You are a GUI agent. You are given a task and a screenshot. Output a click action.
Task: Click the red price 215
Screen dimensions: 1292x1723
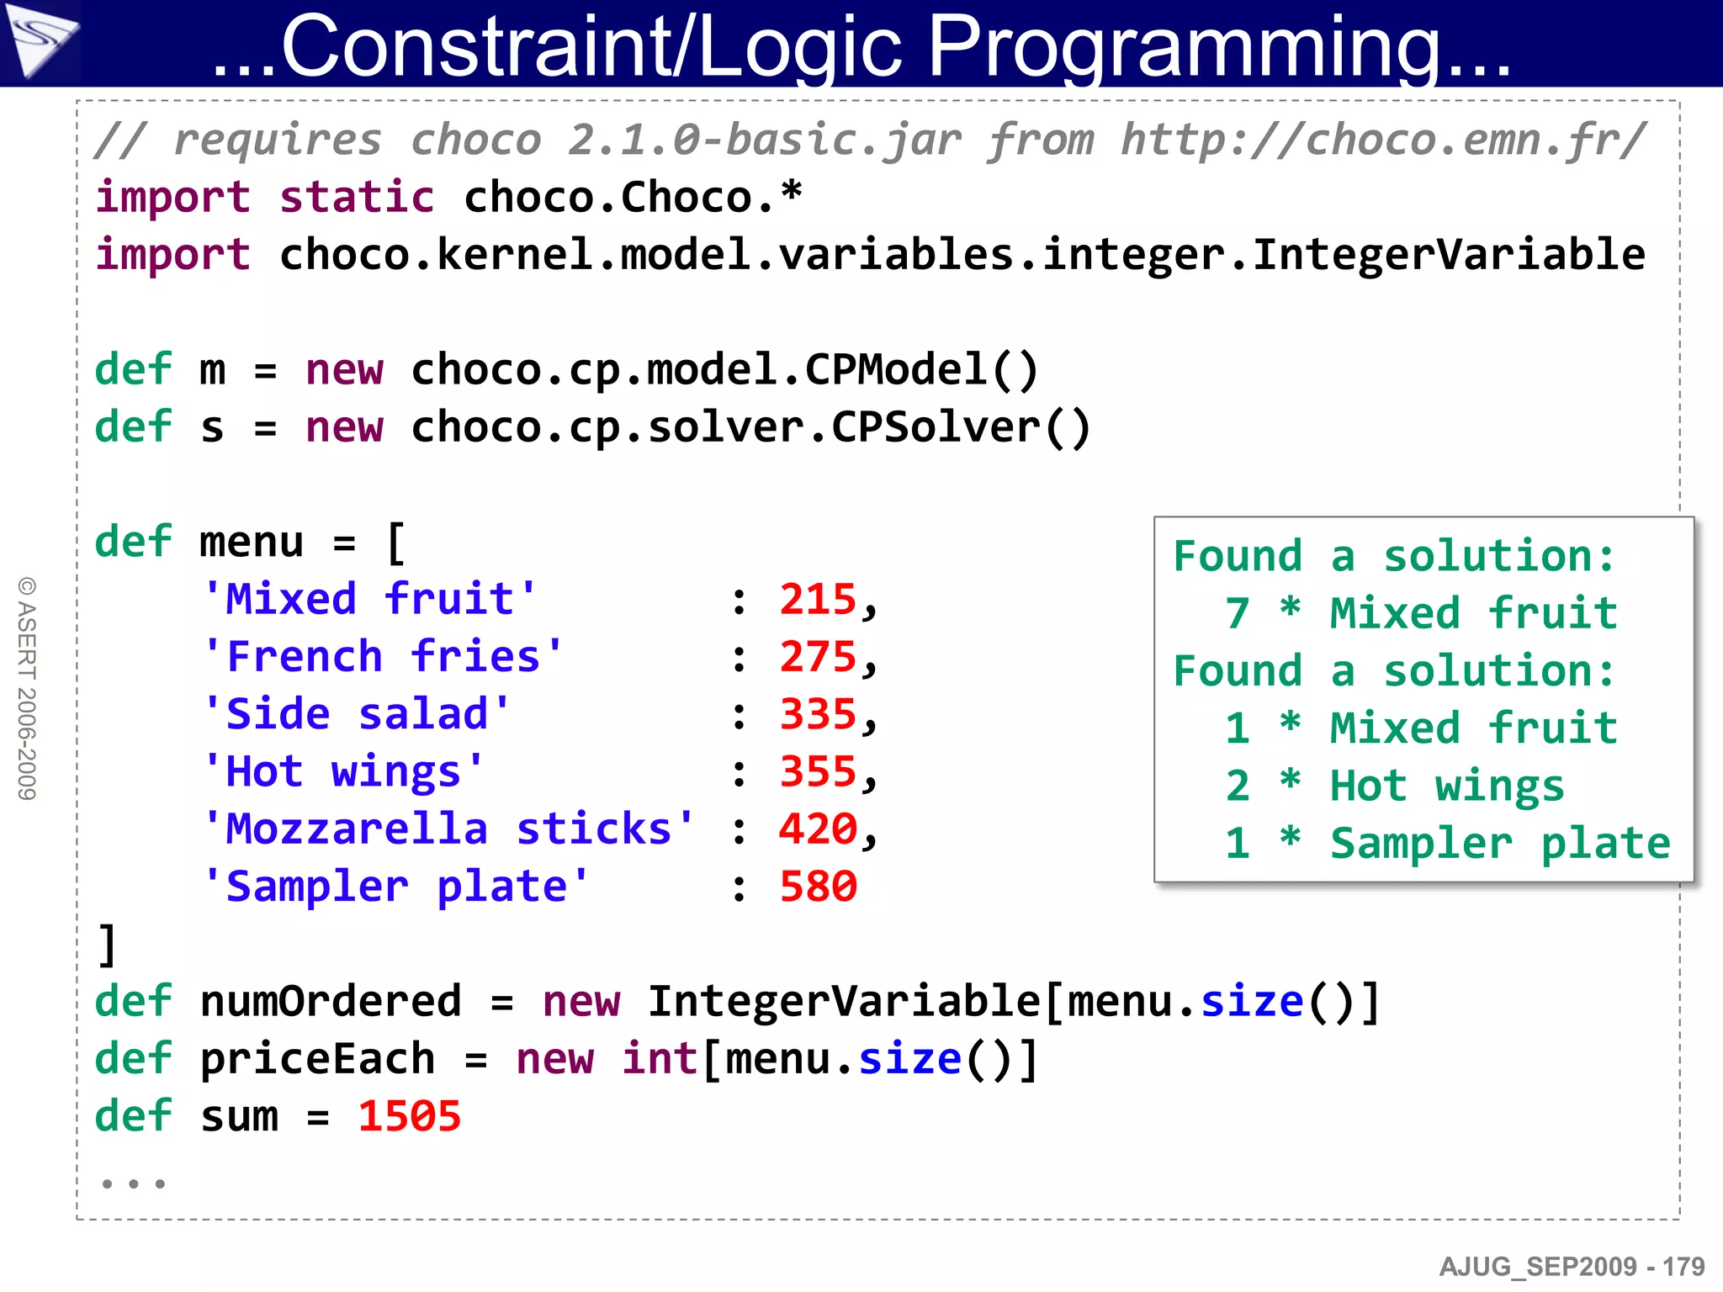pyautogui.click(x=818, y=600)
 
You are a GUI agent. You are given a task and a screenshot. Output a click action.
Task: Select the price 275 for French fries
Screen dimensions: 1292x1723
pyautogui.click(x=818, y=657)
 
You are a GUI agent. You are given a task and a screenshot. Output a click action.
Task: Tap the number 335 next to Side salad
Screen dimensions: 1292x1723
pyautogui.click(x=818, y=714)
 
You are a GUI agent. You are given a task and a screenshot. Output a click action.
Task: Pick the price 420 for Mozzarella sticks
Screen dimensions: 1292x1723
pyautogui.click(x=818, y=829)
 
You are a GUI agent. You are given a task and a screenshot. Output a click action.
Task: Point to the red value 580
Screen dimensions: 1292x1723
pyautogui.click(x=818, y=887)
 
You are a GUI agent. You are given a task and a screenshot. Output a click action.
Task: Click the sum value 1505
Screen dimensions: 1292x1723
pyautogui.click(x=410, y=1116)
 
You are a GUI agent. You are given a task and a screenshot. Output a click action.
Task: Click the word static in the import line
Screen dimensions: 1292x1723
pyautogui.click(x=357, y=198)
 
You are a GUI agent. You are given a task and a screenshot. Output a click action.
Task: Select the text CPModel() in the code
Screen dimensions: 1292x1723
pyautogui.click(x=922, y=370)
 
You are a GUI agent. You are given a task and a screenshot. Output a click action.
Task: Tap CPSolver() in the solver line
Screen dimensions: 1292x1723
pyautogui.click(x=961, y=427)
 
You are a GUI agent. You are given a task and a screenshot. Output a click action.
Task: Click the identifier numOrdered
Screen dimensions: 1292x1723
pyautogui.click(x=331, y=1001)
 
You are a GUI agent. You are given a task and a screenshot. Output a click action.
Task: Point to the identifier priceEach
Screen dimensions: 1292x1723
pyautogui.click(x=317, y=1059)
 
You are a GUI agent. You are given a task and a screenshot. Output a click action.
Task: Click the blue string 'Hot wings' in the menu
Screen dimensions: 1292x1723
pyautogui.click(x=344, y=771)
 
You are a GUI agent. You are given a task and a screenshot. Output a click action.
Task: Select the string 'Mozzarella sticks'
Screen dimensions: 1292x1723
pyautogui.click(x=449, y=829)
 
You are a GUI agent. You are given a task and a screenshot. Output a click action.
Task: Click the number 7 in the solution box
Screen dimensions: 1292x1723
pyautogui.click(x=1237, y=613)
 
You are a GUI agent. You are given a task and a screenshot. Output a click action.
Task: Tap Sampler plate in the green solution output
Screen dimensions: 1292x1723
pyautogui.click(x=1499, y=844)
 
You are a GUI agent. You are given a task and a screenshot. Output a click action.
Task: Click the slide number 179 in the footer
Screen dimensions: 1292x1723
pyautogui.click(x=1683, y=1267)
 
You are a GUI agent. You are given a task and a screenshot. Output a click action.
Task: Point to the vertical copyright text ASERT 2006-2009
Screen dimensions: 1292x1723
pyautogui.click(x=27, y=688)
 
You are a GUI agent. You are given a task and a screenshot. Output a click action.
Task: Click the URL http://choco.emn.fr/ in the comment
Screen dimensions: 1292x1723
pyautogui.click(x=1383, y=140)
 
